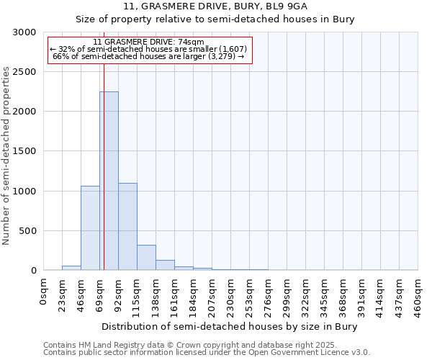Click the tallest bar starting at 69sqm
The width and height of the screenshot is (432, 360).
109,181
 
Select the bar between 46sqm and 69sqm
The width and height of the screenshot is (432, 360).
90,228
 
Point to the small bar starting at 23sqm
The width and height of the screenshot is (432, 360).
71,268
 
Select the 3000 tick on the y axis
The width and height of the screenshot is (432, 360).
25,32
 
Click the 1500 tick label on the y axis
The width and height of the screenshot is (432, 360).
25,151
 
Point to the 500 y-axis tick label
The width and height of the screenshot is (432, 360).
28,231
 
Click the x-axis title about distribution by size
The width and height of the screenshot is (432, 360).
230,326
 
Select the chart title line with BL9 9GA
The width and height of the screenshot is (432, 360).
215,6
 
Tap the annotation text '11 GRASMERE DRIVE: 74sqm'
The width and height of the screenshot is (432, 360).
149,42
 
